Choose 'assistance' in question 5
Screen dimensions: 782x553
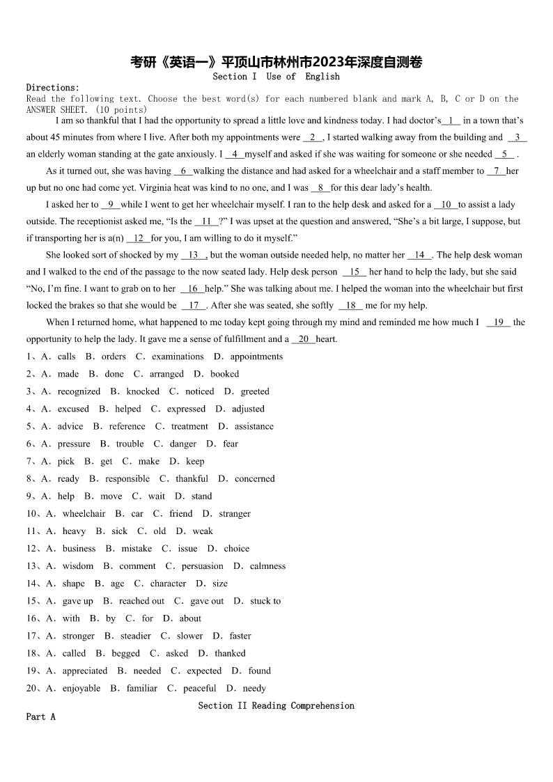[x=254, y=426]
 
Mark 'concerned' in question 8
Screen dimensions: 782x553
[x=255, y=478]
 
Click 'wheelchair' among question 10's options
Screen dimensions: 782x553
[x=84, y=513]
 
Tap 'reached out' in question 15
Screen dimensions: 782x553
[x=141, y=601]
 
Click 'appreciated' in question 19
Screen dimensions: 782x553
[x=85, y=671]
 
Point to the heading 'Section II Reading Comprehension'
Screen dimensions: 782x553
[x=276, y=705]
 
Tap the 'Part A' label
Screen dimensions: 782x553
[x=40, y=717]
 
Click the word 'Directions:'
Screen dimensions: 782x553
[x=53, y=88]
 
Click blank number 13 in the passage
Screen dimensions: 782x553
[x=194, y=255]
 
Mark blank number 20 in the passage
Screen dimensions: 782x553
[x=303, y=339]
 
